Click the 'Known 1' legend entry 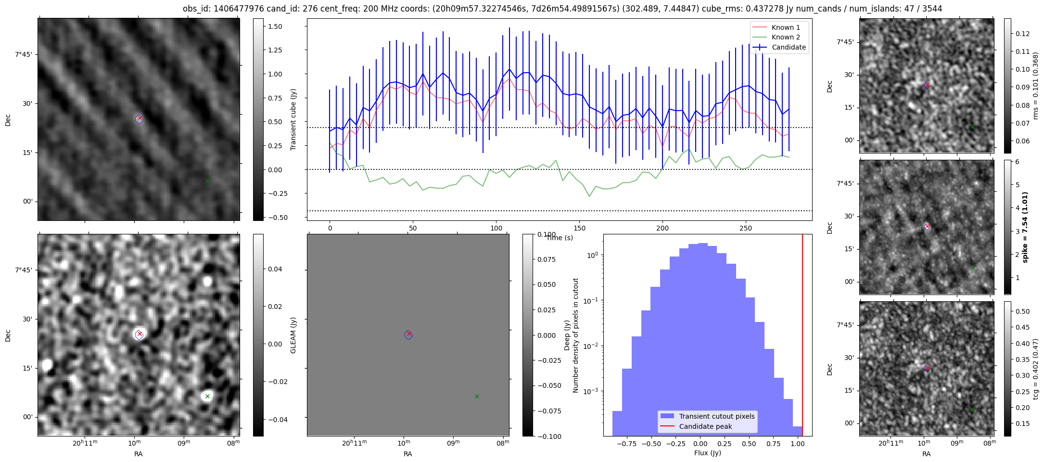786,27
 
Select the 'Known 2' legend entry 786,37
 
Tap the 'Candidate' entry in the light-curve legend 789,47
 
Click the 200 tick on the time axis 662,228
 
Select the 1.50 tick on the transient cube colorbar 275,26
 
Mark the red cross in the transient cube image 140,118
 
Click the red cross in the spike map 927,227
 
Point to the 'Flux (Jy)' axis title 707,453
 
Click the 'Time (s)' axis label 560,238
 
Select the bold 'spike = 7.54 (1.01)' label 1025,227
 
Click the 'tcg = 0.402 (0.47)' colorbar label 1036,369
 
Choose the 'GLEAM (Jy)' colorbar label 293,335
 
